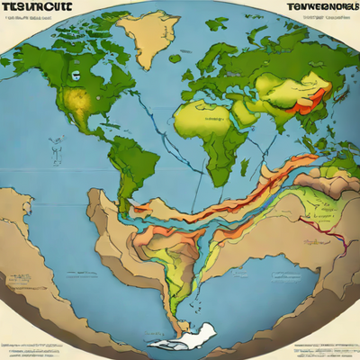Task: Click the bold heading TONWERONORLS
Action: pyautogui.click(x=311, y=9)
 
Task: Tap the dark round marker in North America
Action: pyautogui.click(x=74, y=77)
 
